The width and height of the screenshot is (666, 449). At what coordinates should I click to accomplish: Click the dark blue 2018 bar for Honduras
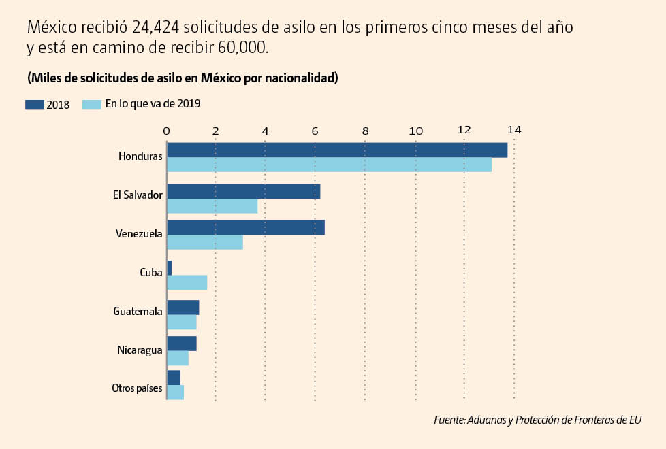[x=337, y=150]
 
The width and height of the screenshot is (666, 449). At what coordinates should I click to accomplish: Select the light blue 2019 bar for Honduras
[x=329, y=165]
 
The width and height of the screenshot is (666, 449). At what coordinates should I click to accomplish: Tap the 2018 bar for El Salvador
[x=243, y=191]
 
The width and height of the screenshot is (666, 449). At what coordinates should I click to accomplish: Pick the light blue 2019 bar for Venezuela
[x=205, y=242]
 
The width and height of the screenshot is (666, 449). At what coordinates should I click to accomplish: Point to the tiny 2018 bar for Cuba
[x=169, y=268]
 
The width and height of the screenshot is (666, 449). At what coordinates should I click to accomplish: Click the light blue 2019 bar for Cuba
[x=187, y=282]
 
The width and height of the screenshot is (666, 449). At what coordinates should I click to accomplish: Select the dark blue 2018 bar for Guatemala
[x=183, y=307]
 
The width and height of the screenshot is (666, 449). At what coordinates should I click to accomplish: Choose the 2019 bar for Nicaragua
[x=178, y=358]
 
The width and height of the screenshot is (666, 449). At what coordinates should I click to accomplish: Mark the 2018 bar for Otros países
[x=173, y=378]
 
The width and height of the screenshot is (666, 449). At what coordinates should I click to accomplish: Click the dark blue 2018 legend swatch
[x=35, y=105]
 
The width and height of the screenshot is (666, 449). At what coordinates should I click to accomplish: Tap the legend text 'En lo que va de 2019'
[x=153, y=104]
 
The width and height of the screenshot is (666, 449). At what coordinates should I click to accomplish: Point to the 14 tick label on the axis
[x=513, y=129]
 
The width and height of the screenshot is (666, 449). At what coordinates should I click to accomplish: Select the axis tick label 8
[x=365, y=129]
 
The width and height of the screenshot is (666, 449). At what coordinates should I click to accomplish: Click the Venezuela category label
[x=139, y=234]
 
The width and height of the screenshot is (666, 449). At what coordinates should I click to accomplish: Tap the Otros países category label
[x=137, y=388]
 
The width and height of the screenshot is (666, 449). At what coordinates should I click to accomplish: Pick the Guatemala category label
[x=138, y=312]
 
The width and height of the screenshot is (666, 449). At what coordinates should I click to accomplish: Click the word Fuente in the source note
[x=449, y=420]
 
